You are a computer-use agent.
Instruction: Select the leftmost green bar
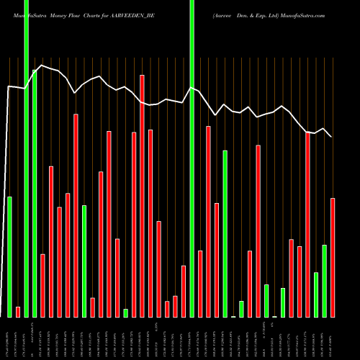tap(9, 256)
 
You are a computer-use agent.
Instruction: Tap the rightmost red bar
tap(333, 257)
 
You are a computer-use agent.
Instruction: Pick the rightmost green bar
tap(325, 281)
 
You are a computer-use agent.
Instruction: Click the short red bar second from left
tap(18, 312)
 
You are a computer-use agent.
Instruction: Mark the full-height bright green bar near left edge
tap(26, 158)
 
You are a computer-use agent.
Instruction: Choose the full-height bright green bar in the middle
tap(192, 158)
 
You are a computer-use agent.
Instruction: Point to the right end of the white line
tap(331, 137)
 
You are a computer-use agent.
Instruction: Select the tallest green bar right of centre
tap(225, 233)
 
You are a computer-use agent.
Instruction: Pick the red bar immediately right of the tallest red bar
tap(150, 223)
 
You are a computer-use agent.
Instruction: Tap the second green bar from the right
tap(316, 294)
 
